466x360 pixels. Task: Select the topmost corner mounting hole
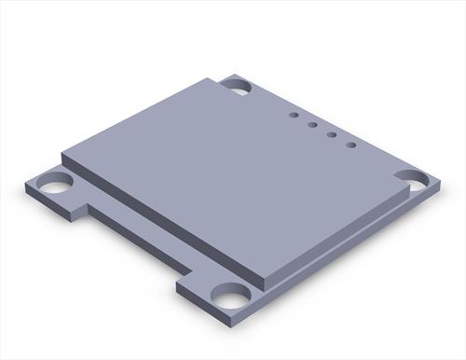coord(235,86)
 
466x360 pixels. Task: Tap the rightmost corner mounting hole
coord(410,177)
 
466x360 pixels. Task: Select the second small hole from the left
coord(312,124)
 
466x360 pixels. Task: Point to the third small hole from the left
coord(332,134)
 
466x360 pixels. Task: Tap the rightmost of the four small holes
coord(351,145)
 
